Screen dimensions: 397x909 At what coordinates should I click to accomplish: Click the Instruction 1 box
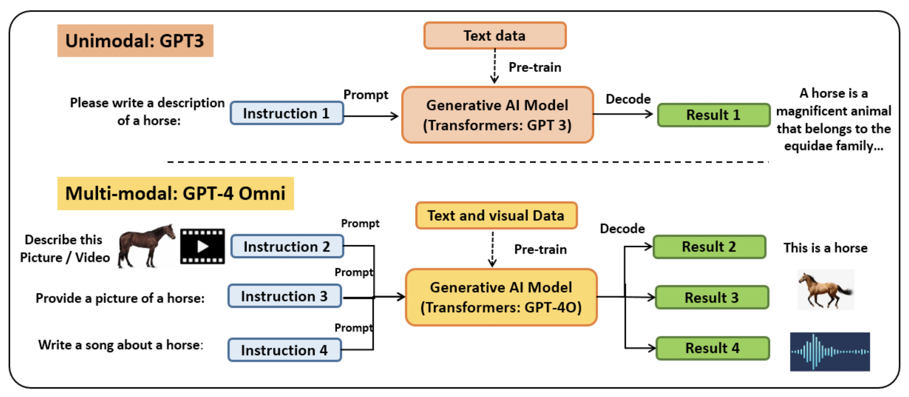point(286,113)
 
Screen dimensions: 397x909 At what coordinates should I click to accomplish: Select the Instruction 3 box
point(284,296)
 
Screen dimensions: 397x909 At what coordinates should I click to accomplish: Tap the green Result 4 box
point(712,348)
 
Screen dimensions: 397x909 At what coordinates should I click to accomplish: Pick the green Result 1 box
point(713,115)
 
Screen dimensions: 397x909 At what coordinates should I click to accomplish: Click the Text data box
point(494,36)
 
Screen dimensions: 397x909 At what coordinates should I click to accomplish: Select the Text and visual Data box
point(496,215)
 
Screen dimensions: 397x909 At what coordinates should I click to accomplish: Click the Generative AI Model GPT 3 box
point(497,115)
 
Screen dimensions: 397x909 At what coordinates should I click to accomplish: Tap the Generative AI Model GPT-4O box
point(501,297)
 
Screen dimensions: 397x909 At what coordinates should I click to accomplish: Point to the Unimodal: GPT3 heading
point(135,41)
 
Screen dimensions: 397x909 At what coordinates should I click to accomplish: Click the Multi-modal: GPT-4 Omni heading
point(175,193)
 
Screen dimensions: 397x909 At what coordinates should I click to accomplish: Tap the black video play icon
point(202,246)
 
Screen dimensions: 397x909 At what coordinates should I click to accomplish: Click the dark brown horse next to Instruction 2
point(145,246)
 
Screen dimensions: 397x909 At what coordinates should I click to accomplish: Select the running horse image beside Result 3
point(825,290)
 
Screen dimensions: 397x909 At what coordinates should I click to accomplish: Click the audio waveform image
point(830,352)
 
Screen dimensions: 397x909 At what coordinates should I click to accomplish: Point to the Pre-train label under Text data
point(534,67)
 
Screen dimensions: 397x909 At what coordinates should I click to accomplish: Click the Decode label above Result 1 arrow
point(628,99)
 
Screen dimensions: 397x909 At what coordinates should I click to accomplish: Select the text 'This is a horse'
point(825,248)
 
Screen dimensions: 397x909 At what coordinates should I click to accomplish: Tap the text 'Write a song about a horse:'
point(121,345)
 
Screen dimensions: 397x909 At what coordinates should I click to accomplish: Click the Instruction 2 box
point(287,246)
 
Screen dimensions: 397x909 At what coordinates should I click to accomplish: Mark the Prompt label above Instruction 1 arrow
point(365,95)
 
